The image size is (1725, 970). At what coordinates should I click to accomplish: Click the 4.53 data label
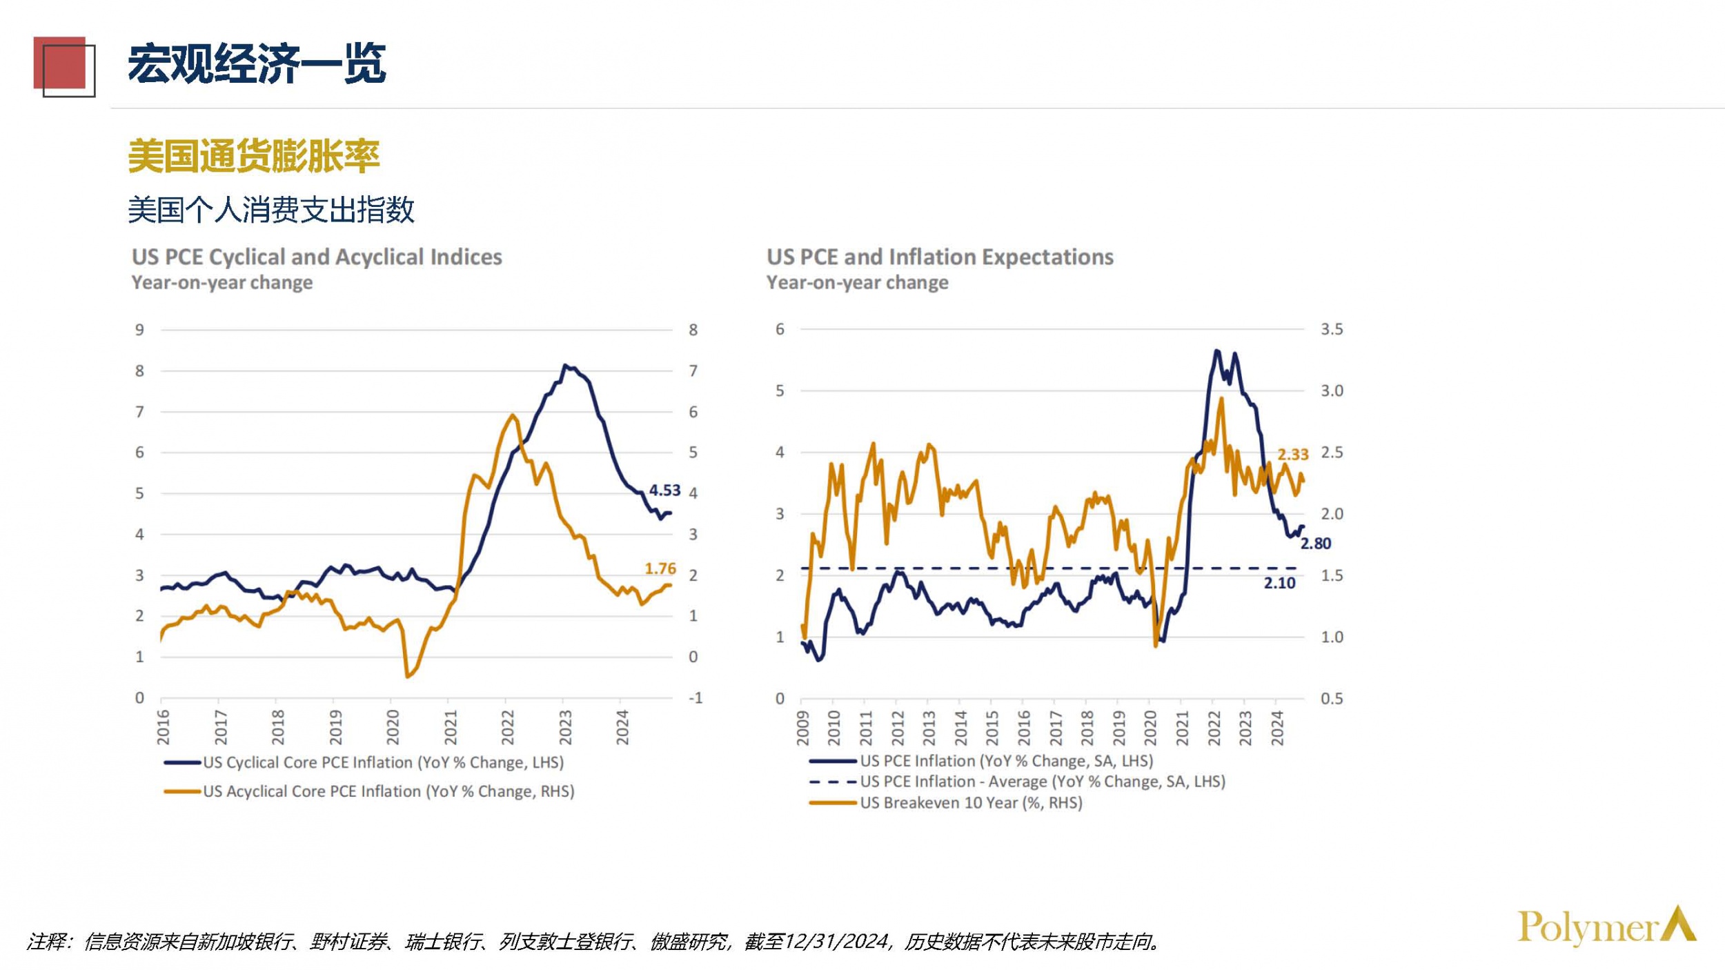point(664,490)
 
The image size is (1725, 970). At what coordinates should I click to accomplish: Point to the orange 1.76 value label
point(660,568)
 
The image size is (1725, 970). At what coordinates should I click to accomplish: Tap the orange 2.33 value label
point(1292,455)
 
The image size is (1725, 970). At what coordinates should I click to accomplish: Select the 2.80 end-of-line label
point(1315,544)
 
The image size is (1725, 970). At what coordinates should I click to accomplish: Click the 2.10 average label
point(1279,583)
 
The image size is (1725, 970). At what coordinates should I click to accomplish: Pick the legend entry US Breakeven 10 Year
point(970,803)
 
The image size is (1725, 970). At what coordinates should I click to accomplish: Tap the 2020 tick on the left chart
point(393,727)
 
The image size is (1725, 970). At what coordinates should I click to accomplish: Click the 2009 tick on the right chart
point(802,729)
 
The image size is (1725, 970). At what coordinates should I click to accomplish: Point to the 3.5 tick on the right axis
point(1332,330)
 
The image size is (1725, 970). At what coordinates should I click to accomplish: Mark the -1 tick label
point(695,698)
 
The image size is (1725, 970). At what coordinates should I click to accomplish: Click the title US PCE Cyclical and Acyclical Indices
point(317,257)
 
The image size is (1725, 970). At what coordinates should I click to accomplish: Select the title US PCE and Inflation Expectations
point(940,257)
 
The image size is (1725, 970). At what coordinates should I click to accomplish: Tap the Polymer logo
point(1606,927)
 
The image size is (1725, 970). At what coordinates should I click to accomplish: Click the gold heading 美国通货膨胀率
point(254,156)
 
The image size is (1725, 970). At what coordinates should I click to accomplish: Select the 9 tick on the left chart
point(139,330)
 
